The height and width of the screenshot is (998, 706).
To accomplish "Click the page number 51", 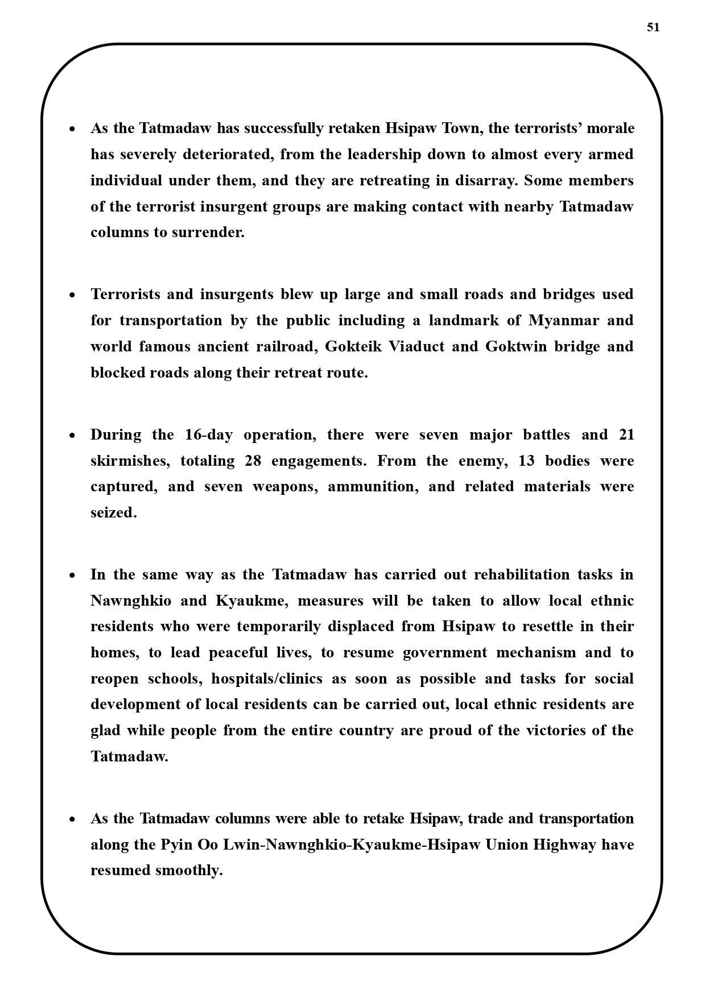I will point(653,27).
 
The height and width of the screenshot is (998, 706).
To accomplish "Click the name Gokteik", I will point(353,347).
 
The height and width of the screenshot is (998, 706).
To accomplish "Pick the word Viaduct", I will point(416,347).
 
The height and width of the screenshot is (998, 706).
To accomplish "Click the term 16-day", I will point(209,435).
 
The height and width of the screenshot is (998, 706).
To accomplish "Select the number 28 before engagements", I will point(253,461).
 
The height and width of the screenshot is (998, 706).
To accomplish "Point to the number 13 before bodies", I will point(527,461).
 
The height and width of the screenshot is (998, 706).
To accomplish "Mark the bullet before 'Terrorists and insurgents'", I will point(72,295).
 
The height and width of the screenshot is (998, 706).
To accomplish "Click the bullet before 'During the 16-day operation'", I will point(72,436).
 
